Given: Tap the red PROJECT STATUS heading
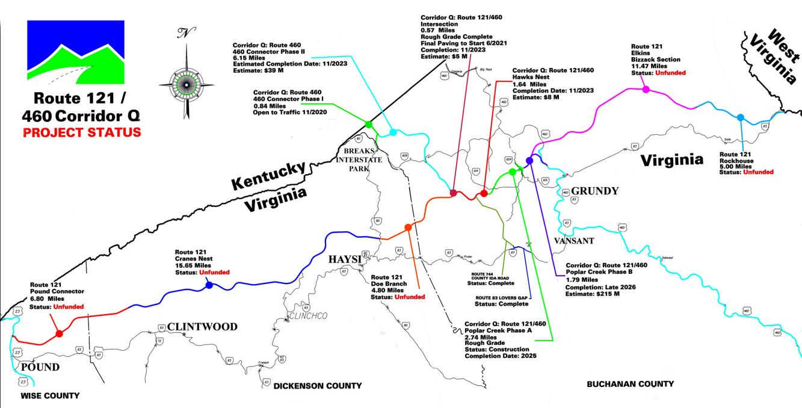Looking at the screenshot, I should point(82,132).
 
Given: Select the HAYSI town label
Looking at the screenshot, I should point(344,259).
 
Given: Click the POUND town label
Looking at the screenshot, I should point(40,366).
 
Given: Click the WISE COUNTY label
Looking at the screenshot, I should point(50,395).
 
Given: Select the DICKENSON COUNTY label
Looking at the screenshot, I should point(318,386).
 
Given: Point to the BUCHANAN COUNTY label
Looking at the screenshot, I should point(630,383).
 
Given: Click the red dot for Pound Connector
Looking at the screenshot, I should point(59,333).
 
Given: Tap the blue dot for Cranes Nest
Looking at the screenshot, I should point(209,285).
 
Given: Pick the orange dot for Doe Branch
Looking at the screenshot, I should point(408,227).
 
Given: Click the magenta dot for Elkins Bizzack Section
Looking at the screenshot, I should point(646,89).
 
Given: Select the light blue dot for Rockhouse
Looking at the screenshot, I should point(741,117).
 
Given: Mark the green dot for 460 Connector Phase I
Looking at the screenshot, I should point(368,124).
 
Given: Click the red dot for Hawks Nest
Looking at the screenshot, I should point(484,193).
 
